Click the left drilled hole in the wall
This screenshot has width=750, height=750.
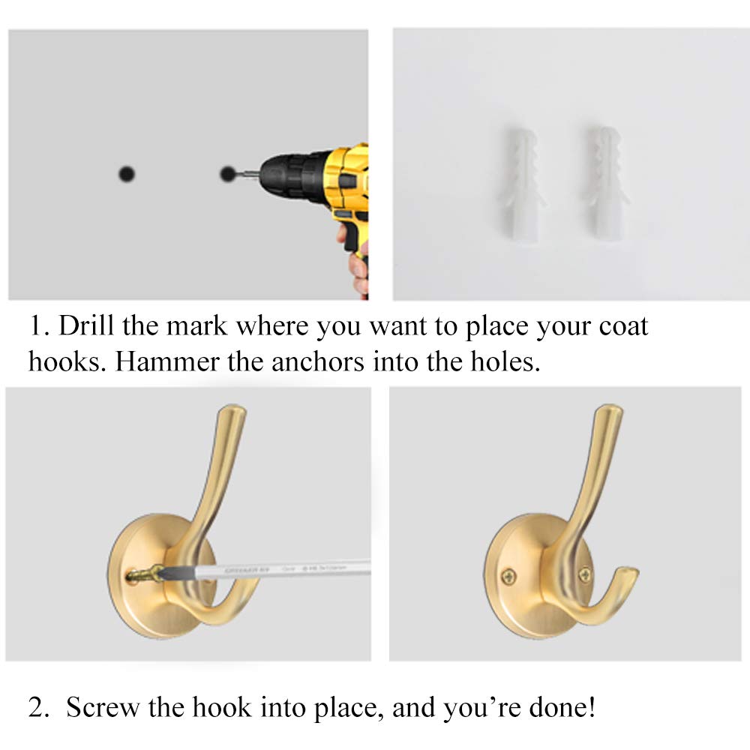point(127,174)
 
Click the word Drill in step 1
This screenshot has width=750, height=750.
point(82,327)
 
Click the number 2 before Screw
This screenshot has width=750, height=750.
point(37,706)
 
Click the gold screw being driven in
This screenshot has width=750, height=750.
point(142,575)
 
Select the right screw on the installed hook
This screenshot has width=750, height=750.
point(585,575)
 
